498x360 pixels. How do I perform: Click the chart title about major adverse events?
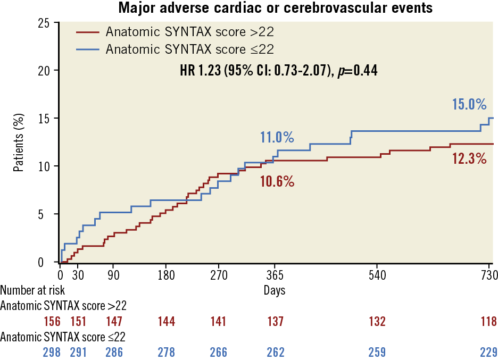(275, 8)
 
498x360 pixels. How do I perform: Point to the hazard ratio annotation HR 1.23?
(279, 70)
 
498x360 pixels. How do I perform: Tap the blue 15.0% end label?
(469, 104)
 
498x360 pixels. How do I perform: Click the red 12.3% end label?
(469, 158)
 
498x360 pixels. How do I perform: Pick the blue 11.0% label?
(277, 138)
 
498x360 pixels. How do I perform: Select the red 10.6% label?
(277, 181)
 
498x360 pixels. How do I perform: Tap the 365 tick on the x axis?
(275, 276)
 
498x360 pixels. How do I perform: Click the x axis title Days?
(275, 290)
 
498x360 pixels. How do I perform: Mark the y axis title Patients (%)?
(19, 143)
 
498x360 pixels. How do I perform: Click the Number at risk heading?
(32, 290)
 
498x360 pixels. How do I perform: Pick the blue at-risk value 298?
(52, 352)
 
